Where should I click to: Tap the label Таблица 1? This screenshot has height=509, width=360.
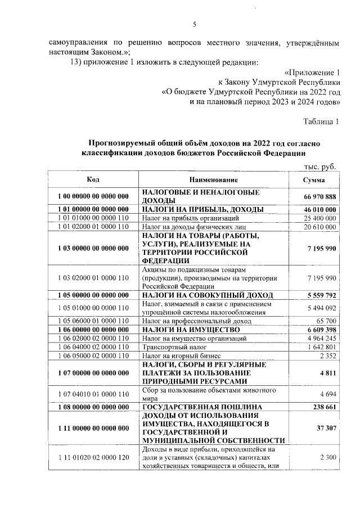(x=322, y=121)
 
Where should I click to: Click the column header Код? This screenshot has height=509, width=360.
(x=93, y=179)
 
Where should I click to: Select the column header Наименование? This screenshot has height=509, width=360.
(x=213, y=179)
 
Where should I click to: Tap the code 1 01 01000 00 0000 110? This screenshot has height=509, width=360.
(x=93, y=218)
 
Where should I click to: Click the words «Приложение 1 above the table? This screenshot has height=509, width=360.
(x=313, y=73)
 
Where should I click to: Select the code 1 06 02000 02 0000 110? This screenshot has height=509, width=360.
(x=93, y=338)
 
